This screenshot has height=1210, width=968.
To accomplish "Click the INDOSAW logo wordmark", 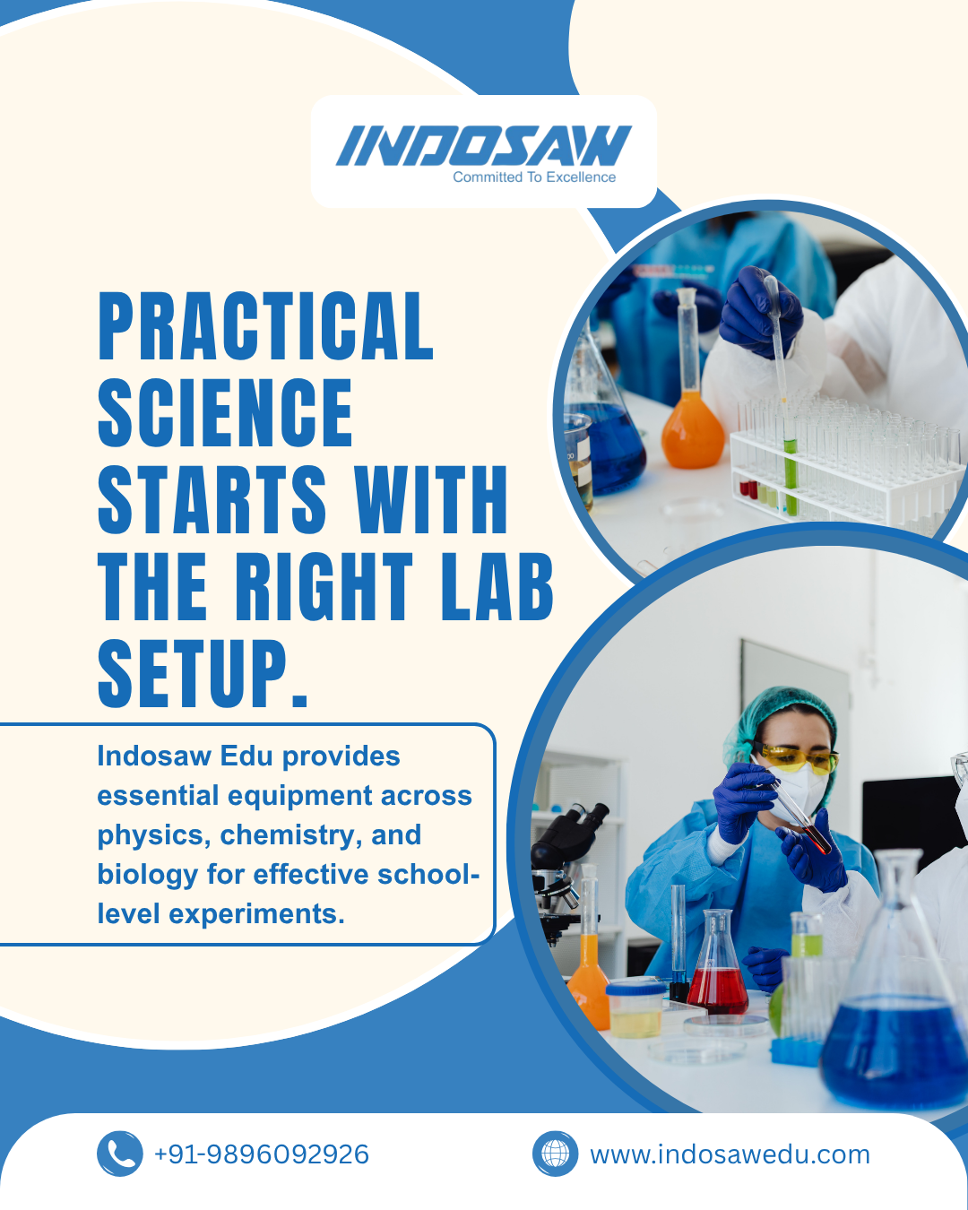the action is coord(484,145).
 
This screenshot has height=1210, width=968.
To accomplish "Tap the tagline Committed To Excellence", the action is coord(534,177).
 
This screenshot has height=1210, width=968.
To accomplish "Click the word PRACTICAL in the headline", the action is coord(266,325).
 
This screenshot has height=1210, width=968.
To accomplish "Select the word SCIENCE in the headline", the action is coord(225,412).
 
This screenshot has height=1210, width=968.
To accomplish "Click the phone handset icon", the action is coord(120,1154).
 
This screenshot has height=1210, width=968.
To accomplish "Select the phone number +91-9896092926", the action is coord(262,1154).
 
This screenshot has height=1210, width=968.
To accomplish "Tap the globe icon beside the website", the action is coord(555,1154).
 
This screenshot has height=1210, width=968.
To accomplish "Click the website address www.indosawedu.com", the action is coord(730,1155).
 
